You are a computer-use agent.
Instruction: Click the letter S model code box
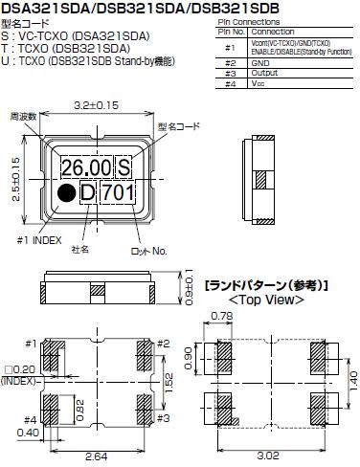tap(124, 167)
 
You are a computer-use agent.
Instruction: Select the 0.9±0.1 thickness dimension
tap(189, 287)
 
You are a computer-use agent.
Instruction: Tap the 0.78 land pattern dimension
tap(222, 317)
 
